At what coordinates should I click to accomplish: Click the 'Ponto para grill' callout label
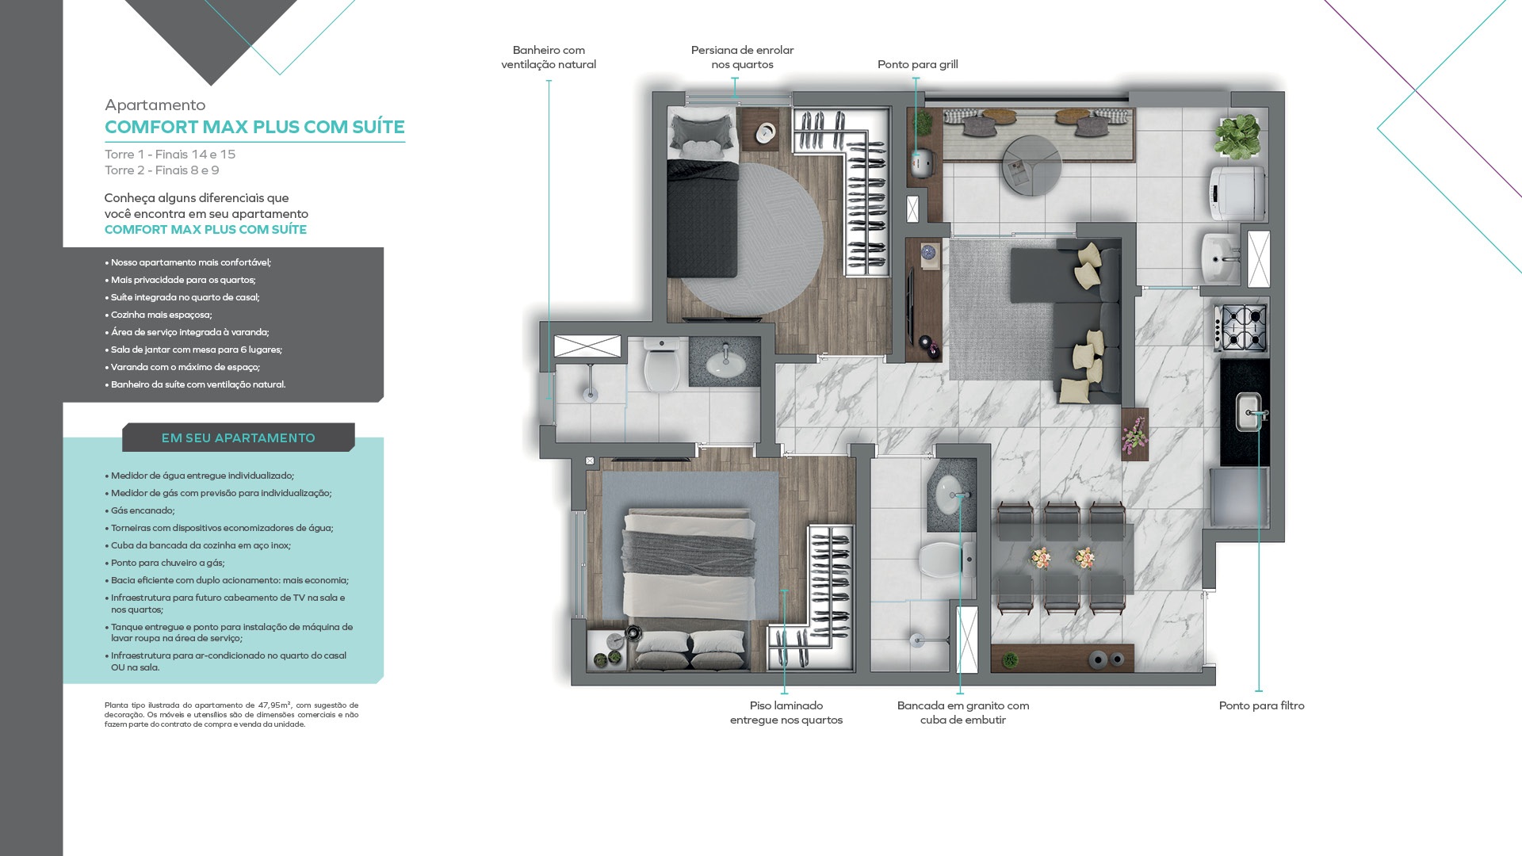click(917, 65)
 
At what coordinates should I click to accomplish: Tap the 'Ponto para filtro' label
click(1261, 705)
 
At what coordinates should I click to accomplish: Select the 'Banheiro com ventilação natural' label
click(549, 57)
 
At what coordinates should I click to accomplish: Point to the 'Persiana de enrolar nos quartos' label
click(742, 57)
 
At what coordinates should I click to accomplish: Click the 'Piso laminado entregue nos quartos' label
click(786, 713)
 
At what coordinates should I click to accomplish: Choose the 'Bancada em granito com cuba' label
click(963, 713)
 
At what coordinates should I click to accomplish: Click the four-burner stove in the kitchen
click(1242, 327)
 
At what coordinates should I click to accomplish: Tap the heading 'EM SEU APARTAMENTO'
click(239, 438)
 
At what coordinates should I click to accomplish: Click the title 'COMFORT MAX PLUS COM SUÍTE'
click(254, 127)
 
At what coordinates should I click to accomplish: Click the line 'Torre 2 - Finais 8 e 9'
click(162, 170)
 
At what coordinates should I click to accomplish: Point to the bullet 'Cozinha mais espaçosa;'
click(159, 315)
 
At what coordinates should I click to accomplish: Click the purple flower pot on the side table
click(1135, 434)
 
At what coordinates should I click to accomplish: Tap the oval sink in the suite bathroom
click(725, 363)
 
